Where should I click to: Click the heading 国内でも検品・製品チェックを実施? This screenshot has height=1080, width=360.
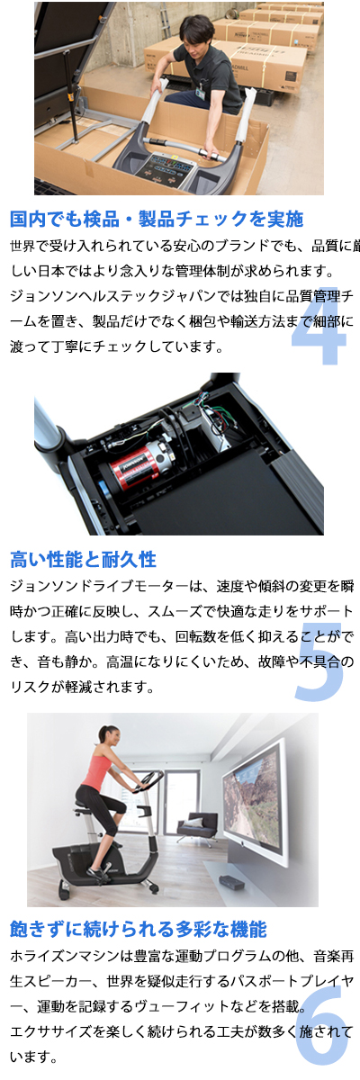(x=157, y=219)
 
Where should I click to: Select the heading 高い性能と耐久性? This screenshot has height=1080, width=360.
(x=84, y=559)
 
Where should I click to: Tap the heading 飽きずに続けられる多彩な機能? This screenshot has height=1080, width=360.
(x=139, y=928)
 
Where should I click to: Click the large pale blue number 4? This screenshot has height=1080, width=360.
(x=319, y=327)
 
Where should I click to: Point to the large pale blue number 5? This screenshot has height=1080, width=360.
(x=319, y=663)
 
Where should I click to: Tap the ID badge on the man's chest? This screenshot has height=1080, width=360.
(x=201, y=93)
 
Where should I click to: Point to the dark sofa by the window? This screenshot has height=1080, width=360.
(x=197, y=825)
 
